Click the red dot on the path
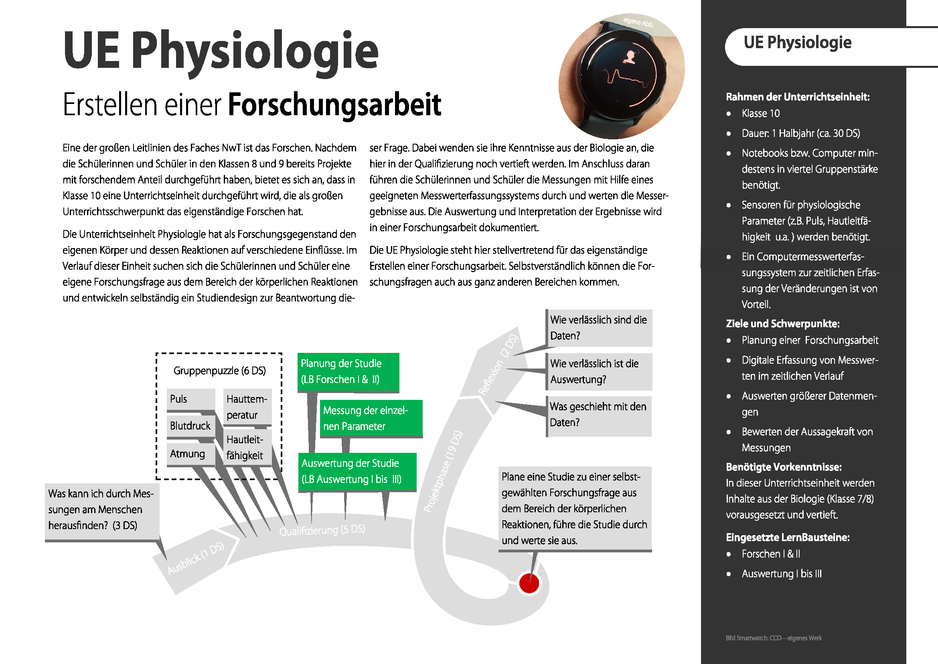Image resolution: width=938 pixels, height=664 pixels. pos(529,583)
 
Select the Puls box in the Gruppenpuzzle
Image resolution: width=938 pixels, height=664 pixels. pos(190,399)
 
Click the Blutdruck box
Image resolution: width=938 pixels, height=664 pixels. pos(190,426)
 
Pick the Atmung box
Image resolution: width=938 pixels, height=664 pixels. pos(190,454)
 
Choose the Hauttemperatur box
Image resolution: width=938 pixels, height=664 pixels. pos(247,407)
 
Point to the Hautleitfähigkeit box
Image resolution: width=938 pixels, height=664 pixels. pos(247,447)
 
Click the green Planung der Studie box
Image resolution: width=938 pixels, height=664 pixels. pos(348,372)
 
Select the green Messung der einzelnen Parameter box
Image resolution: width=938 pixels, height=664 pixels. pos(371,418)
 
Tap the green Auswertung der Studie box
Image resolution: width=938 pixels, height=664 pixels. pos(357,471)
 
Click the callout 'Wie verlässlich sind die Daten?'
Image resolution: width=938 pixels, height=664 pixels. pos(599,328)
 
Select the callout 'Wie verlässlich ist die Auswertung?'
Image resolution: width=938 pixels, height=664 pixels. pos(599,371)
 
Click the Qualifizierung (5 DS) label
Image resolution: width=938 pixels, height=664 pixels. pos(322,530)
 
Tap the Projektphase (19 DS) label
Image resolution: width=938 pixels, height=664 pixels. pos(443,471)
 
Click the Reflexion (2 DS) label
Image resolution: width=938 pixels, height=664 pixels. pos(498,365)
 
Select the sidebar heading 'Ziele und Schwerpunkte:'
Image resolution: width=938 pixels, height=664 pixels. pos(782,324)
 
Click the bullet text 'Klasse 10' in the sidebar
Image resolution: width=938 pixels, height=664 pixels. pos(760,114)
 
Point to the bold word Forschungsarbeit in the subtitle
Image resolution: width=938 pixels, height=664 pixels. pos(334,105)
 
